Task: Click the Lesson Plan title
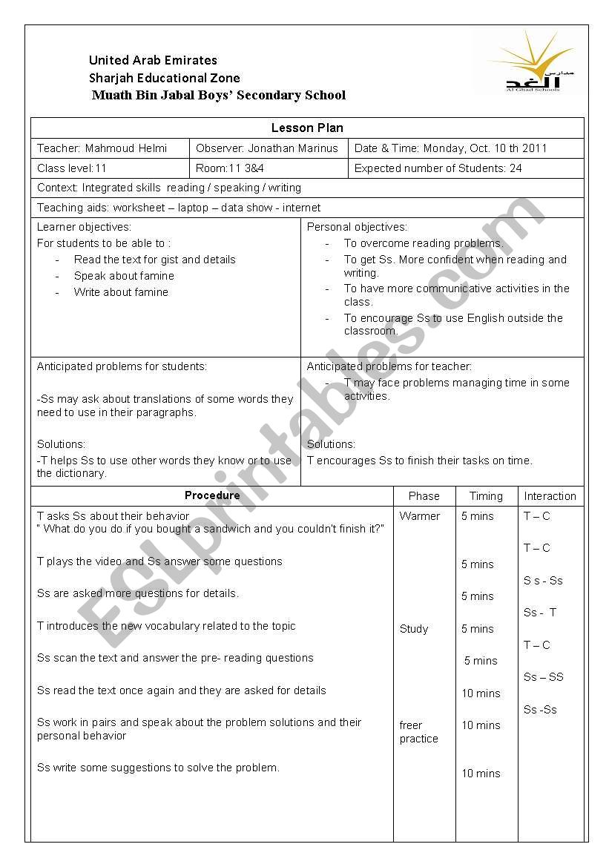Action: coord(307,128)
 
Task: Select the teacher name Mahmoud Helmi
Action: coord(125,148)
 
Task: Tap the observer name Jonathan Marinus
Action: coord(292,148)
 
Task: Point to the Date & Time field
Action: coord(450,148)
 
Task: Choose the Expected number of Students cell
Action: coord(438,168)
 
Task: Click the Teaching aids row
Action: coord(179,208)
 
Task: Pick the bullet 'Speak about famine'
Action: coord(124,276)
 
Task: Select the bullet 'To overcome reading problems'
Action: coord(423,243)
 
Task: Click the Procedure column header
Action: coord(212,495)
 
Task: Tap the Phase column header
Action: coord(424,496)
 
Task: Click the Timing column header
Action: coord(486,496)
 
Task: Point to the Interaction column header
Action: coord(550,496)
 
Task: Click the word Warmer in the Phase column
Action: coord(419,516)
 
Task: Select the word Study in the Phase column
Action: coord(413,629)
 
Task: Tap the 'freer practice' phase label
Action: coord(418,732)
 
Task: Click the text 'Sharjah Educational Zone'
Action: coord(164,78)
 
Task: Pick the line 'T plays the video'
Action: coord(159,561)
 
